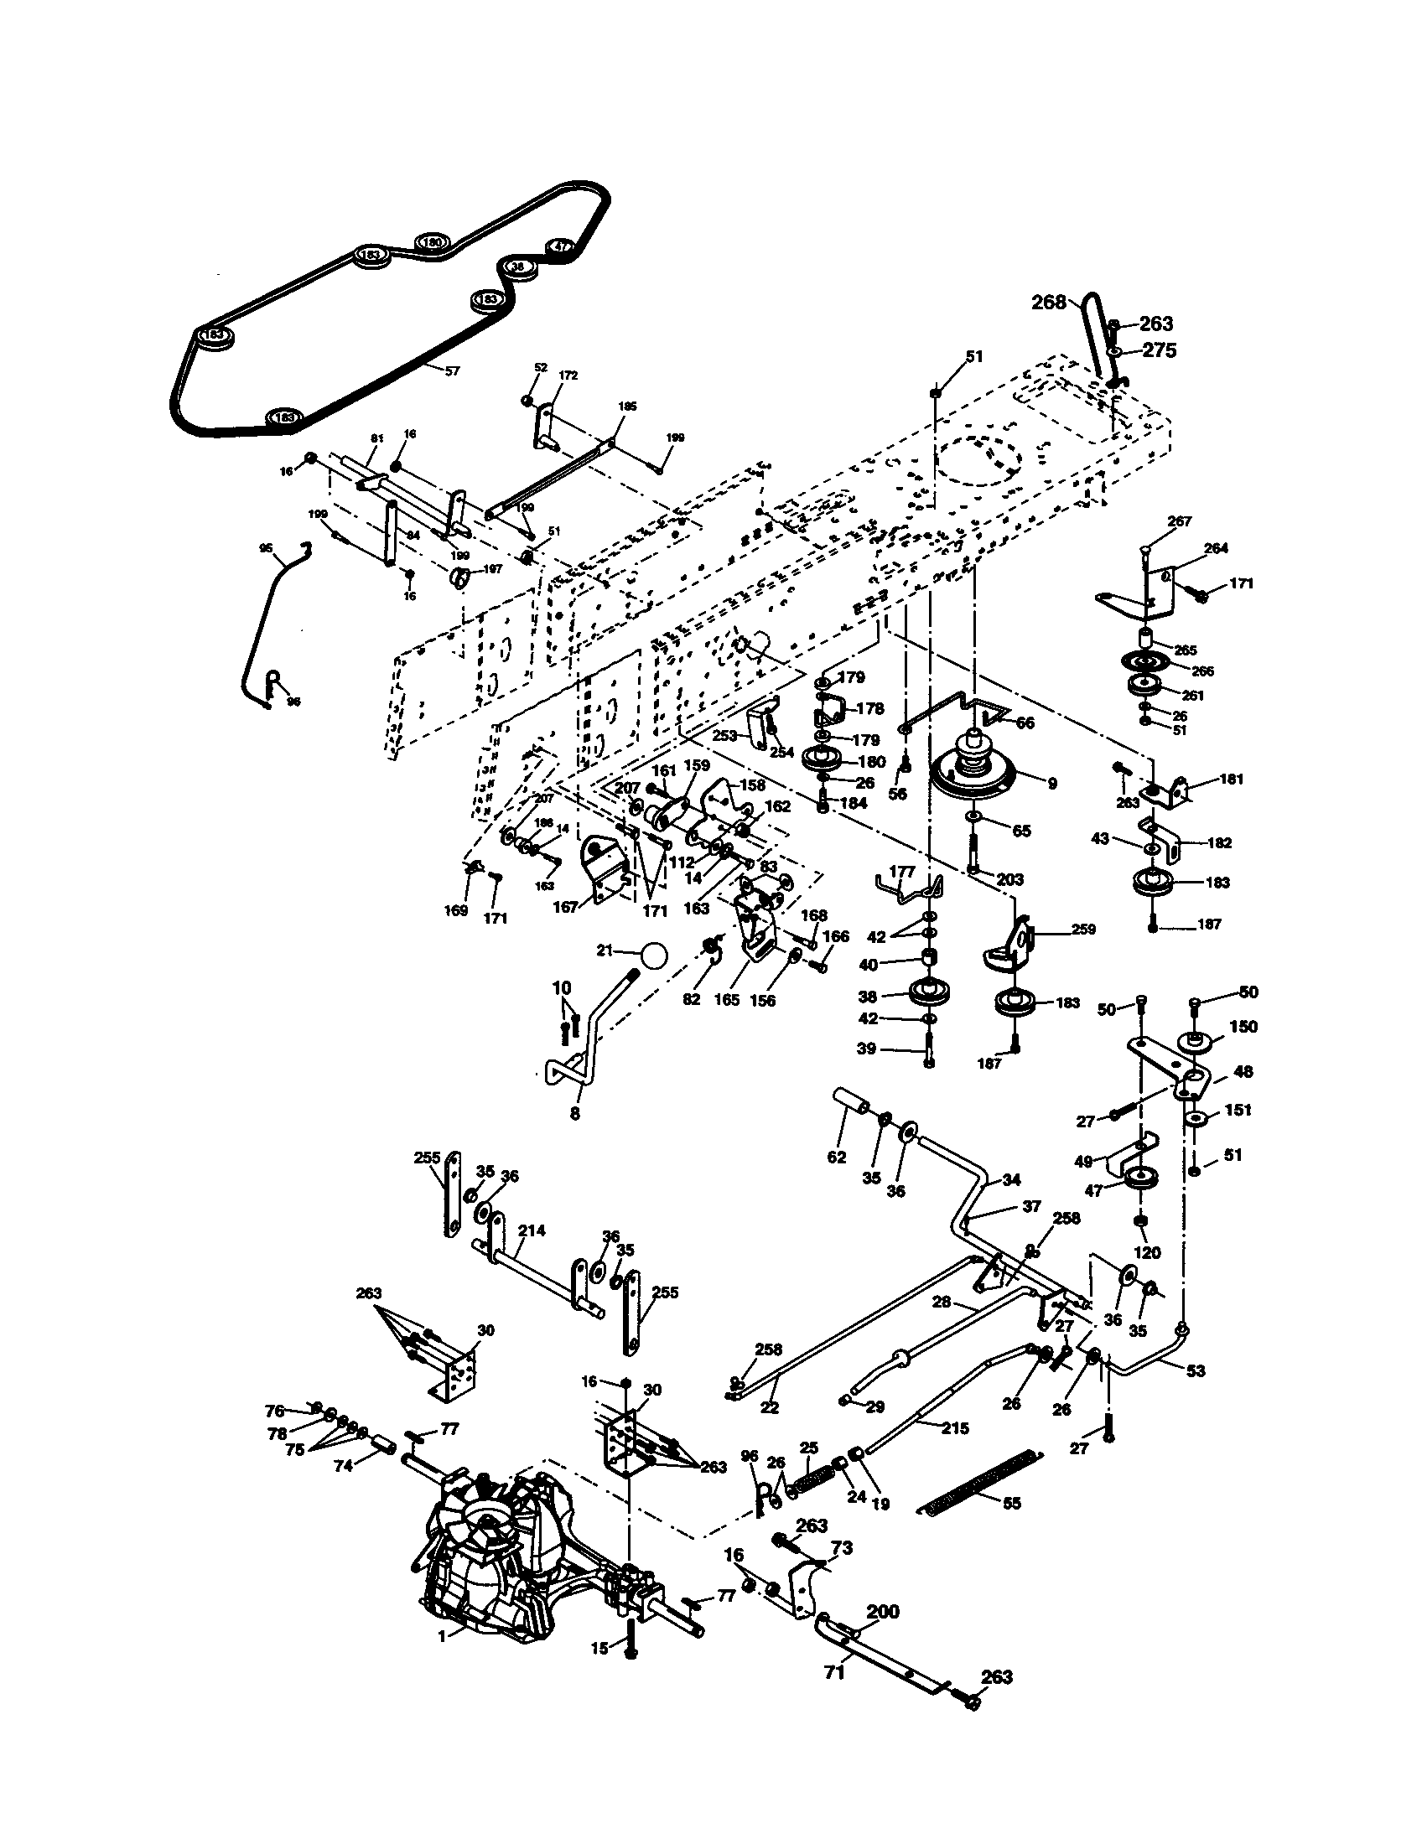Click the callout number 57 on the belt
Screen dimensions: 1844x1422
click(x=452, y=370)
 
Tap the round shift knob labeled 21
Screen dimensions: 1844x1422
click(x=653, y=956)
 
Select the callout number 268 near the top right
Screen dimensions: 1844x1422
click(x=1049, y=303)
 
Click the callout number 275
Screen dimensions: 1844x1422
click(x=1159, y=350)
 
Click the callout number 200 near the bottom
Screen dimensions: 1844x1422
click(x=883, y=1612)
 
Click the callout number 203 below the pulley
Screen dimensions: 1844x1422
click(x=1010, y=879)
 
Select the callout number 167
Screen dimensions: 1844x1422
click(x=565, y=907)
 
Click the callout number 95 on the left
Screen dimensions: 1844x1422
click(x=266, y=548)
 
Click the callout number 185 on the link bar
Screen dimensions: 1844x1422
click(x=627, y=407)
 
